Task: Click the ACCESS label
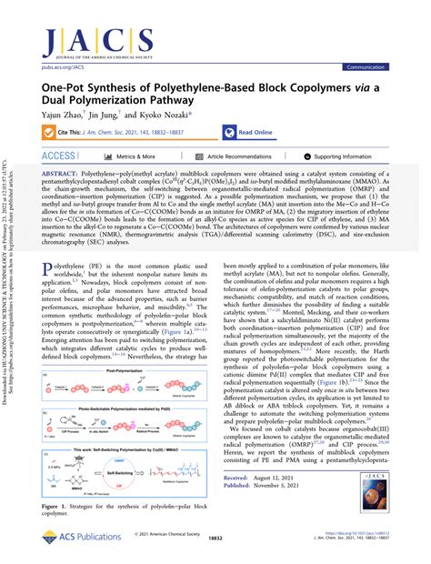pyautogui.click(x=59, y=156)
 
